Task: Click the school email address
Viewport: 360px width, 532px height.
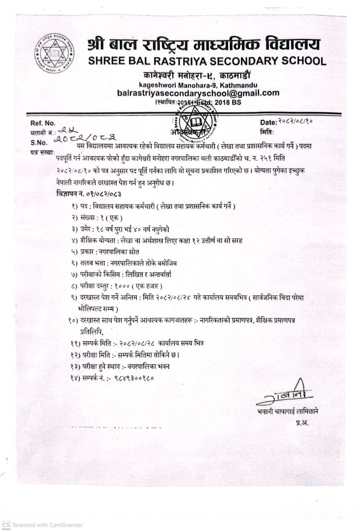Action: click(198, 93)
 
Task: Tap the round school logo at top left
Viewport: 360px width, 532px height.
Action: click(54, 54)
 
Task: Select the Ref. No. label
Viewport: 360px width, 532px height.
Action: click(42, 123)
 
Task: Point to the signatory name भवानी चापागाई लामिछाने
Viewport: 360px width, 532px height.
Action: click(288, 411)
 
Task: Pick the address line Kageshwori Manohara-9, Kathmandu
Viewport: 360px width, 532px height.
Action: click(198, 85)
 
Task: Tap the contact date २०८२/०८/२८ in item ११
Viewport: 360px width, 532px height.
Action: click(137, 343)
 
